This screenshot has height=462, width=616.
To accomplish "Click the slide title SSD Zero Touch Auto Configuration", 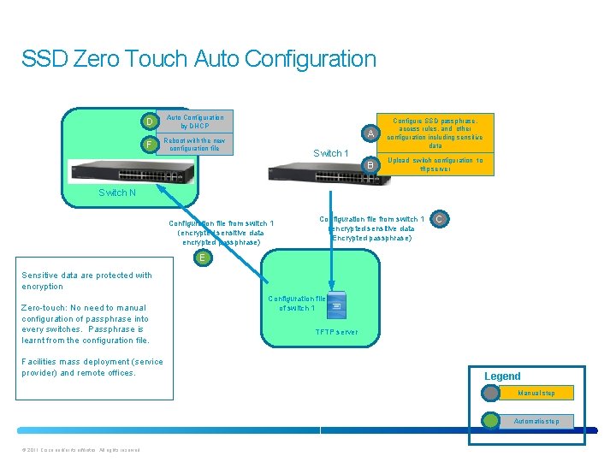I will pyautogui.click(x=198, y=59).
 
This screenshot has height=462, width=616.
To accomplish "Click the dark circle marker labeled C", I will pyautogui.click(x=438, y=221).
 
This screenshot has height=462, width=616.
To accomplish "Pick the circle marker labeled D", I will pyautogui.click(x=150, y=121).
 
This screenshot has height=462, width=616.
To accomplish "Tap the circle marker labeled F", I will pyautogui.click(x=150, y=145).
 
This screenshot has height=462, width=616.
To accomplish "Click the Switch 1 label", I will pyautogui.click(x=330, y=153).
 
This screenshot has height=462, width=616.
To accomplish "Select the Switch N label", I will pyautogui.click(x=116, y=192).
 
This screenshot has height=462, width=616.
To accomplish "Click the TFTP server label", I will pyautogui.click(x=336, y=331).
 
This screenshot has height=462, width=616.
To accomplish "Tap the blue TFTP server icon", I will pyautogui.click(x=336, y=309).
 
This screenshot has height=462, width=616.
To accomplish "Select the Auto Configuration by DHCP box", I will pyautogui.click(x=195, y=121).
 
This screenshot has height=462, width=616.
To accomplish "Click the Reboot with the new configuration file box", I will pyautogui.click(x=195, y=145).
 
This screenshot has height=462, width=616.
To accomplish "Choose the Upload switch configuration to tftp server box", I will pyautogui.click(x=435, y=164).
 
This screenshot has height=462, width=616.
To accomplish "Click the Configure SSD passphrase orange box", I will pyautogui.click(x=435, y=133).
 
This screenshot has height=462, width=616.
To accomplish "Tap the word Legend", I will pyautogui.click(x=502, y=376).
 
